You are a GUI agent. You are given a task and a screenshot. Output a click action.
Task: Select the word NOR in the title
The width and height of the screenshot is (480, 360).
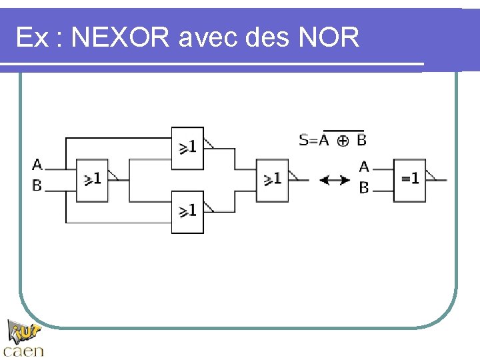(x=329, y=38)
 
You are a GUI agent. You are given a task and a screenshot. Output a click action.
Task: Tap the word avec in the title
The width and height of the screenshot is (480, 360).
(x=209, y=38)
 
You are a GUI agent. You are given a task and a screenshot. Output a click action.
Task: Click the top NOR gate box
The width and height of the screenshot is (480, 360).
(x=187, y=148)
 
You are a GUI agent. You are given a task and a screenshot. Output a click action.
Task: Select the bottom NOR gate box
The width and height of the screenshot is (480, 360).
(x=187, y=211)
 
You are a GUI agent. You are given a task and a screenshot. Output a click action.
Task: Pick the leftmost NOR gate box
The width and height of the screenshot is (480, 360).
(x=92, y=180)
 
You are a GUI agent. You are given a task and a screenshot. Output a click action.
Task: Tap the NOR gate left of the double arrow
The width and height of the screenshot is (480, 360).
(x=272, y=180)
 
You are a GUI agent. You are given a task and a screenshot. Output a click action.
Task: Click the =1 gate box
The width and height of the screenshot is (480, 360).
(x=409, y=180)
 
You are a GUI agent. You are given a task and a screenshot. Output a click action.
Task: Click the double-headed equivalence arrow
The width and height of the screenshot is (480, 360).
(x=334, y=179)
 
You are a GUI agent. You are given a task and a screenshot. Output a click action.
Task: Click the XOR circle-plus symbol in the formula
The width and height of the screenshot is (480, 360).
(x=343, y=141)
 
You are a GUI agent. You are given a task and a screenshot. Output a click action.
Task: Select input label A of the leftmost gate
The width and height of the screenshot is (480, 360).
(x=37, y=164)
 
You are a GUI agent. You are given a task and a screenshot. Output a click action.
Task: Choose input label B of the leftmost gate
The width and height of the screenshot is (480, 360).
(x=37, y=185)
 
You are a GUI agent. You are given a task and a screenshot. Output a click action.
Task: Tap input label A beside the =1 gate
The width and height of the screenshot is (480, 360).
(x=364, y=167)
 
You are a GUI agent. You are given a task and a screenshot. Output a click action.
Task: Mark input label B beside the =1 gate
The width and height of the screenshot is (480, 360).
(x=364, y=188)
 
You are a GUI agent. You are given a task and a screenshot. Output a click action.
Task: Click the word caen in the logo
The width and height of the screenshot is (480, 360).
(x=24, y=350)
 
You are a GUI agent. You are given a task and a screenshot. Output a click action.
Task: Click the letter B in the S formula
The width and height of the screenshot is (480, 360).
(x=361, y=140)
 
